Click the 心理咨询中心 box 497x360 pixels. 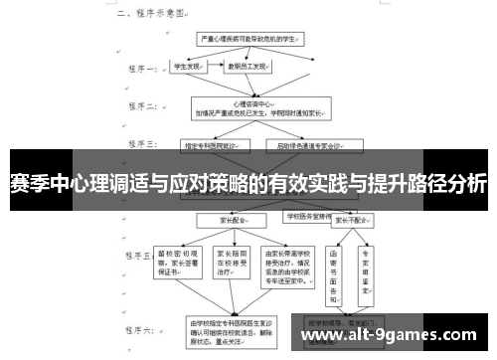255,106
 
